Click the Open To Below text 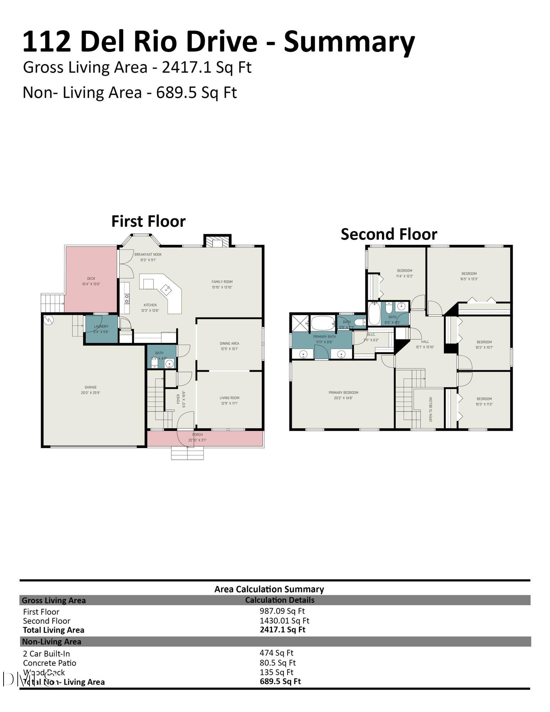click(431, 409)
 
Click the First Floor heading click(148, 221)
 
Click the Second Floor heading click(389, 234)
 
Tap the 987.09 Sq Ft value click(282, 611)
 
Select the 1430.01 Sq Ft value click(284, 621)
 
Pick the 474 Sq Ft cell click(276, 653)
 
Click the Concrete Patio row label click(49, 663)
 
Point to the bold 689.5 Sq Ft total click(280, 681)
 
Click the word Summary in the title click(349, 42)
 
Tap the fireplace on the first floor click(217, 242)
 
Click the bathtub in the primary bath click(323, 323)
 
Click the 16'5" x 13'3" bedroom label click(468, 276)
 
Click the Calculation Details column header click(279, 600)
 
